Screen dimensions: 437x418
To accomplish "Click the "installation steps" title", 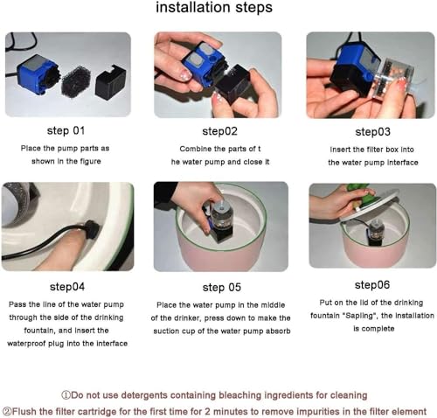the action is (214, 8).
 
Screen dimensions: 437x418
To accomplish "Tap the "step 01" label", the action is (66, 130).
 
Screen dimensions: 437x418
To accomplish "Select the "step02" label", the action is (220, 131).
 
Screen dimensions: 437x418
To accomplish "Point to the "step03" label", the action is (372, 132).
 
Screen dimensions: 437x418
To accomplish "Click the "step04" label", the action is (67, 287).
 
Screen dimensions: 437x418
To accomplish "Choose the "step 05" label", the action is (222, 288).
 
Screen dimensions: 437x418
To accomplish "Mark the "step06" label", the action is (372, 285).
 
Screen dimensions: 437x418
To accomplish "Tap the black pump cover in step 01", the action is (110, 81).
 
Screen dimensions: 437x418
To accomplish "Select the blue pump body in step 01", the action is (37, 75).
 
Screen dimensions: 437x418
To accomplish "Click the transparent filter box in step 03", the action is (389, 77).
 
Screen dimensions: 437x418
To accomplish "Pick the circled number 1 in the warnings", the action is (66, 395).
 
